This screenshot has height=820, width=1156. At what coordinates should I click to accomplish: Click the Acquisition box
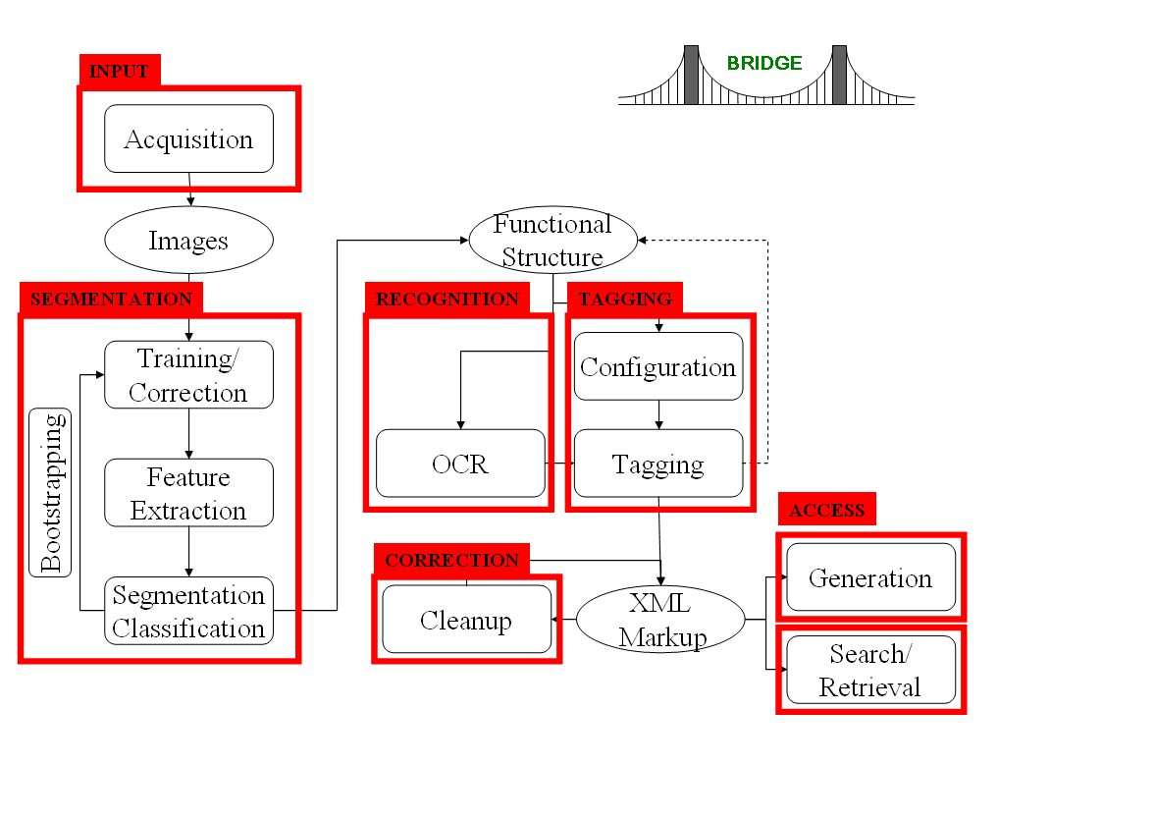coord(188,138)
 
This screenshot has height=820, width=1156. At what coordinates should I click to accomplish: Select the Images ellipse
coord(188,240)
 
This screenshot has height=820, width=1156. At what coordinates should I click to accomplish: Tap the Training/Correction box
coord(188,375)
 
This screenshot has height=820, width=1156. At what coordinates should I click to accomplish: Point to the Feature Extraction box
coord(188,493)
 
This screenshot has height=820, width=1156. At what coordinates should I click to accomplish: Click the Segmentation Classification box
coord(188,611)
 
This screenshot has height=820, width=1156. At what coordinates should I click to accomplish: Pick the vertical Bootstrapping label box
coord(51,492)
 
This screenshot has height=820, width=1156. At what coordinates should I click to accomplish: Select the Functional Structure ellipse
coord(552,241)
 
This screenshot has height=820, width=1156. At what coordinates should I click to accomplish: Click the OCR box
coord(460,464)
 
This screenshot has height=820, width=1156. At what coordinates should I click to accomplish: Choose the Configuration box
coord(657,366)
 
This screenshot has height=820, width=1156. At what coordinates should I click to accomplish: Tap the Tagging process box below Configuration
coord(657,464)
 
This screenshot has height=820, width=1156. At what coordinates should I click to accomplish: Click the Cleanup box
coord(466,620)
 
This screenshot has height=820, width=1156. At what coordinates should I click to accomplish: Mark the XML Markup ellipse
coord(661,621)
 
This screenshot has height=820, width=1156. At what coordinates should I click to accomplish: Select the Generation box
coord(870,577)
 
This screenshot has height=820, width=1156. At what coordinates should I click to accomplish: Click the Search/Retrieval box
coord(870,670)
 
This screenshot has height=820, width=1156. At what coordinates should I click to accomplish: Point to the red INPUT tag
coord(119,71)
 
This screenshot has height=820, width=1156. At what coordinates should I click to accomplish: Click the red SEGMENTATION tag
coord(111,299)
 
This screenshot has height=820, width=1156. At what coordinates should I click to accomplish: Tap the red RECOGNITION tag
coord(447,299)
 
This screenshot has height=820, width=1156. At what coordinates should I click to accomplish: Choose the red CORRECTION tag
coord(451,560)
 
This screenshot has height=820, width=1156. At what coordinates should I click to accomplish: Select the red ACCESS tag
coord(826,510)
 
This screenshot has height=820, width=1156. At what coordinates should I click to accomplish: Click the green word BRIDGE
coord(764,63)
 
